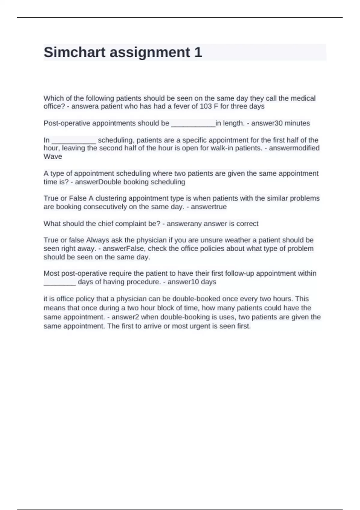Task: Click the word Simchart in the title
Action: point(75,52)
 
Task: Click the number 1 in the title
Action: point(198,52)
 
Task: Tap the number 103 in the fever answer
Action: point(206,106)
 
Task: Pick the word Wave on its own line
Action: point(53,157)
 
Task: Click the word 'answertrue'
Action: point(209,207)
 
